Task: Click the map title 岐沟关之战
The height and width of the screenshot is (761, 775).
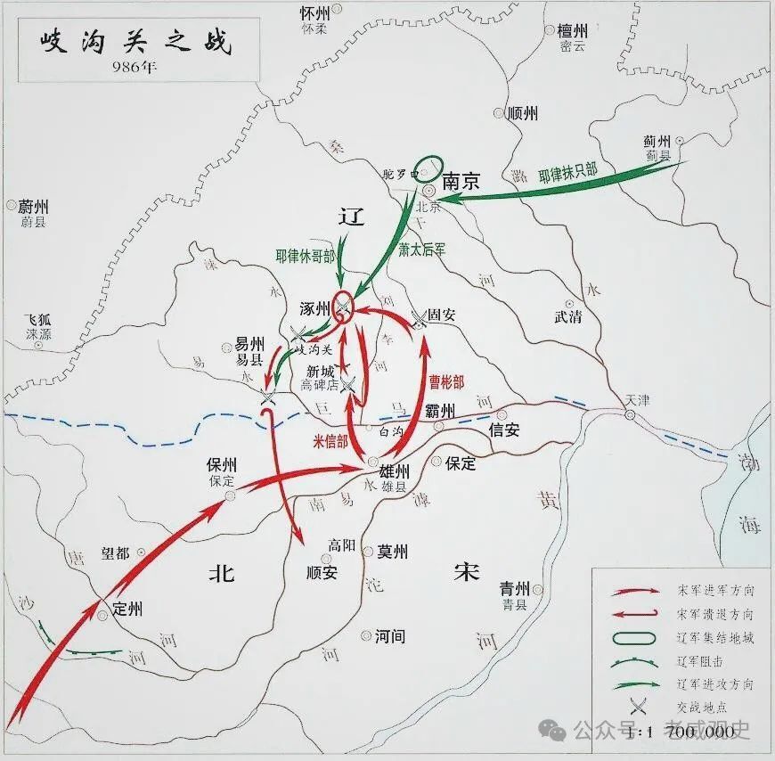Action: tap(133, 43)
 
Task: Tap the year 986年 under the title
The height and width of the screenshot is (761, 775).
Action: tap(132, 68)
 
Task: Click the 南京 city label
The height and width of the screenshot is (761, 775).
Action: tap(461, 182)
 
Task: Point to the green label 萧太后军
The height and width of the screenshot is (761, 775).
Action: tap(421, 250)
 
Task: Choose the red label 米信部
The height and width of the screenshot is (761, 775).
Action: tap(330, 440)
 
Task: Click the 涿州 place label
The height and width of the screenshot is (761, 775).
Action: tap(318, 309)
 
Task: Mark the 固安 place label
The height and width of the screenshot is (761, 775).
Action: tap(442, 315)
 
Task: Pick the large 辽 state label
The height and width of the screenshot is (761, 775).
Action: tap(353, 218)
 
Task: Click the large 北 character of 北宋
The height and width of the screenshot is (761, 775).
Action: tap(221, 573)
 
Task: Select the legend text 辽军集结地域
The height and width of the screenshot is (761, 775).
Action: tap(714, 638)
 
